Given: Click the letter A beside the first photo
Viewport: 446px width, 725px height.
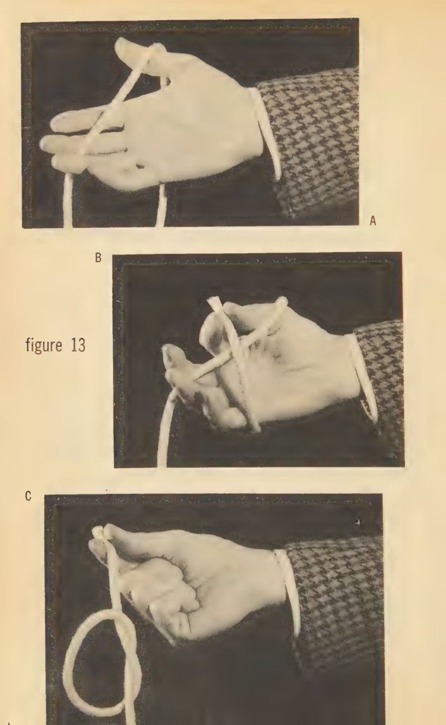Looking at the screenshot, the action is tap(373, 222).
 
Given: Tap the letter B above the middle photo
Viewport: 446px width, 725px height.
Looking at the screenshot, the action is tap(98, 258).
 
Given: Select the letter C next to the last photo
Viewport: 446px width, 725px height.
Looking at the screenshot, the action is tap(28, 496).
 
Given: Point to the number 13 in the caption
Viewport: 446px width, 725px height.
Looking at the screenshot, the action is tap(78, 345).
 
